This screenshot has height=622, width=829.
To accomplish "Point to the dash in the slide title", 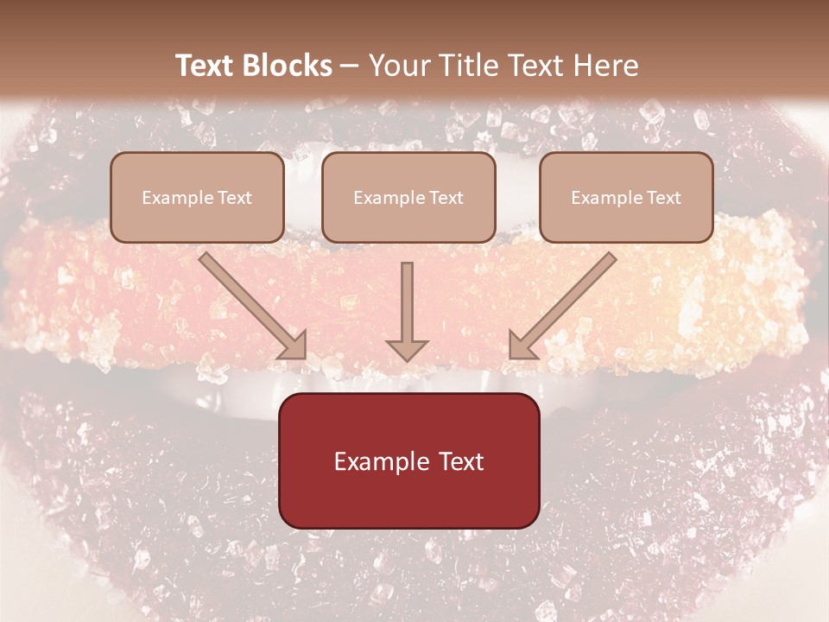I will click(350, 67).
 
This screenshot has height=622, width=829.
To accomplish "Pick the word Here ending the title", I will click(608, 66).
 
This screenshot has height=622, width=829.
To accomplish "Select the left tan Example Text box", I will click(197, 197).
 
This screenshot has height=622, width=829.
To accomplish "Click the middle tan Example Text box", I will click(408, 197).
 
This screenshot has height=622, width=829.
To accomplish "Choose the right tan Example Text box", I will click(626, 197).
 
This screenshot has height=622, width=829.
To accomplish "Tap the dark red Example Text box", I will click(408, 460).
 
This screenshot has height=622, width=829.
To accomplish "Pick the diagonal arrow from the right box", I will click(563, 304).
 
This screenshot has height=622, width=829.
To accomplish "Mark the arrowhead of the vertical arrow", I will click(407, 350).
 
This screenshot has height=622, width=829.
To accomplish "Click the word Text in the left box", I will click(234, 198).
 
